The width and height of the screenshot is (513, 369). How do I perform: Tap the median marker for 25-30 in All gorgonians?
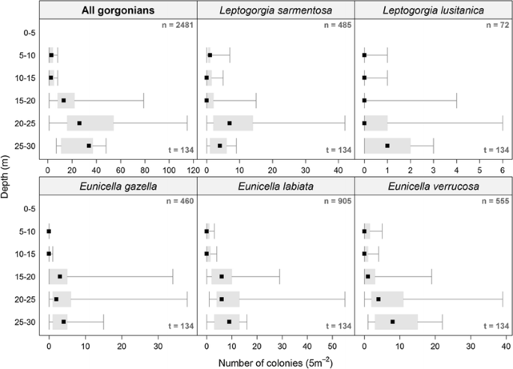[x=89, y=145]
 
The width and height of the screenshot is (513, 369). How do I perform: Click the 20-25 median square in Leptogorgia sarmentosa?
[x=229, y=123]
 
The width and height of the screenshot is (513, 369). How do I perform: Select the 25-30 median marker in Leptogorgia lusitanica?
[x=387, y=145]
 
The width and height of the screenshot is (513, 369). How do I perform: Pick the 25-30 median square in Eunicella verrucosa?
[x=392, y=322]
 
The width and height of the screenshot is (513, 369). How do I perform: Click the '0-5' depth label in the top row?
[x=24, y=32]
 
